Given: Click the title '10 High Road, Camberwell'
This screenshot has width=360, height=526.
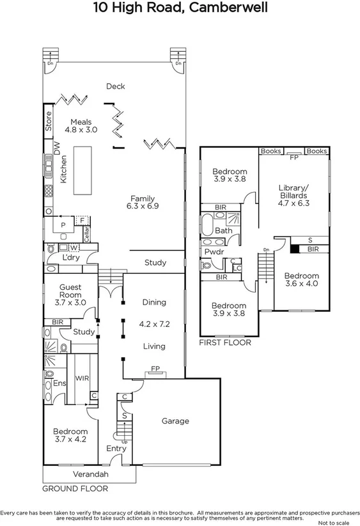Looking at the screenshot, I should point(180,9).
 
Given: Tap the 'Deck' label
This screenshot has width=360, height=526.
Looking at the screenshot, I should point(115,86).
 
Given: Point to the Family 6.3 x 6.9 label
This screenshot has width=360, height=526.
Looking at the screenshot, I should point(144,202).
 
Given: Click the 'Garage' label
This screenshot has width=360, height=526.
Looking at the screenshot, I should point(175,421).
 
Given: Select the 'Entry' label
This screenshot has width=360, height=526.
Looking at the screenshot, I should point(116,449).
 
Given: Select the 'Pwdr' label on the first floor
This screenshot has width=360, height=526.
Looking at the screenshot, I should point(212,252).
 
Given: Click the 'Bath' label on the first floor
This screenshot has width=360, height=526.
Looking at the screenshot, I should point(223,230).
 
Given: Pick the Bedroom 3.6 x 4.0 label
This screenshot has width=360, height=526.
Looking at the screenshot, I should point(301,280).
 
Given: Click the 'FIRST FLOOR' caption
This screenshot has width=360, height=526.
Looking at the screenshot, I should point(224,342).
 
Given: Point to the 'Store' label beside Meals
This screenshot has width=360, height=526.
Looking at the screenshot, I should point(48,122).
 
